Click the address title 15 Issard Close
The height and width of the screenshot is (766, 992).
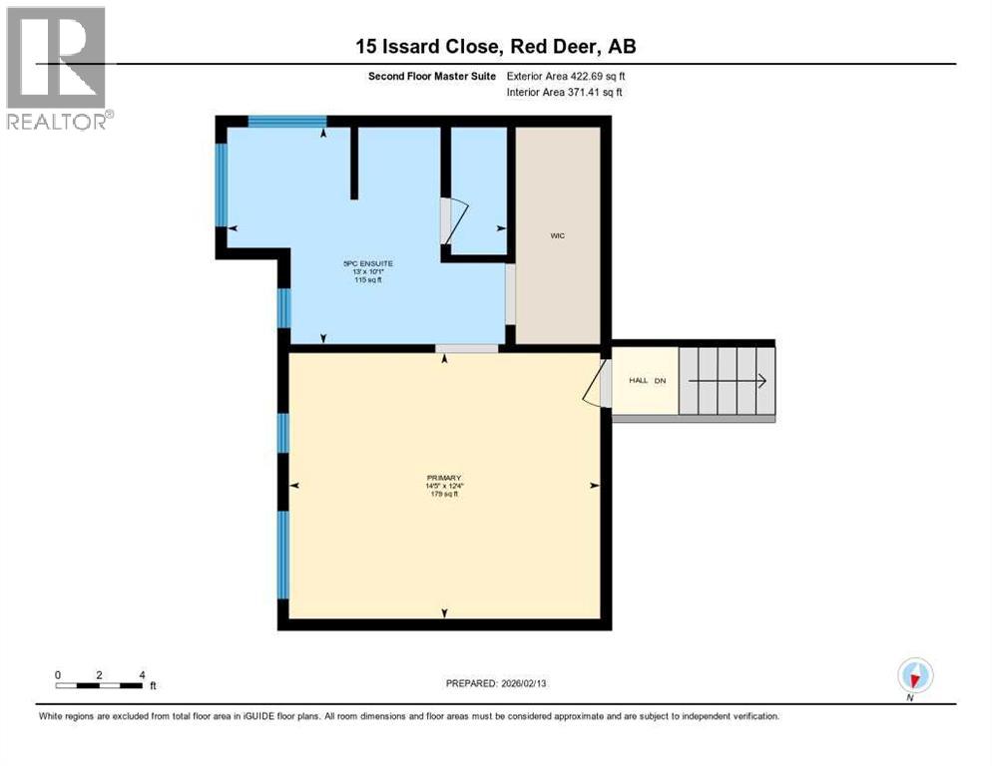(x=495, y=46)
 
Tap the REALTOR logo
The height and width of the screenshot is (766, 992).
(x=57, y=68)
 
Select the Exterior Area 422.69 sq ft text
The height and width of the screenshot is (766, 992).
(x=566, y=76)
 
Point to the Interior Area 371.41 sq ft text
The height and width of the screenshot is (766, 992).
(x=566, y=93)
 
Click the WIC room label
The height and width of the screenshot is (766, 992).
(x=558, y=236)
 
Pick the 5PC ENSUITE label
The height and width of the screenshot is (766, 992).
(x=362, y=263)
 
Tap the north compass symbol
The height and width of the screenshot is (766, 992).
(x=914, y=675)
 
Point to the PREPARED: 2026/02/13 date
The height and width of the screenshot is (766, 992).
(x=496, y=683)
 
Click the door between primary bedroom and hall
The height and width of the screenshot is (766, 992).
(x=597, y=383)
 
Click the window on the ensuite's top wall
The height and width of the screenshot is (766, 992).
(x=287, y=123)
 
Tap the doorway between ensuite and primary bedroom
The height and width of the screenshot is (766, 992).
(x=467, y=348)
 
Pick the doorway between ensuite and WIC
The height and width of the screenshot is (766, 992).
(x=510, y=294)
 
